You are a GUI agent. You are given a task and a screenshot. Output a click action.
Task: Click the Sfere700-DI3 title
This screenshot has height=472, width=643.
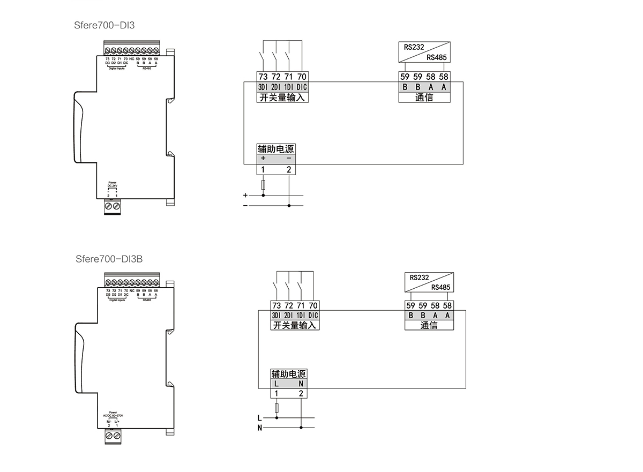pyautogui.click(x=108, y=25)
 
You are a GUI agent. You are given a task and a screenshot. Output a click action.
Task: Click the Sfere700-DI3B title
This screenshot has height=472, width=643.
pyautogui.click(x=110, y=259)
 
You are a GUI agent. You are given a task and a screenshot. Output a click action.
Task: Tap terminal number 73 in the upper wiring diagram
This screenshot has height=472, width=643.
pyautogui.click(x=263, y=77)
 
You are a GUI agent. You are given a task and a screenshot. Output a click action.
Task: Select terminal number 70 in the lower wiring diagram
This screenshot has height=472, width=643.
pyautogui.click(x=313, y=306)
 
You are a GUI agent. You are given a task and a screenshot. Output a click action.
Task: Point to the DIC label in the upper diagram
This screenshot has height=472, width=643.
pyautogui.click(x=302, y=87)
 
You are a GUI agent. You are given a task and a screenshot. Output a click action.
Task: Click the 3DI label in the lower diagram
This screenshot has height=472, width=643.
pyautogui.click(x=276, y=316)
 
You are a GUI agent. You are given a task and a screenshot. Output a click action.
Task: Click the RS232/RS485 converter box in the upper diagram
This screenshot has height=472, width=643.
pyautogui.click(x=424, y=53)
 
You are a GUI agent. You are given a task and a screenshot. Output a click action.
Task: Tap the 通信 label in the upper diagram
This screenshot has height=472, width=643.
pyautogui.click(x=424, y=98)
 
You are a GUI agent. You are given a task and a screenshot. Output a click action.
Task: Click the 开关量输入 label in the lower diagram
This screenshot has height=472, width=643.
pyautogui.click(x=295, y=325)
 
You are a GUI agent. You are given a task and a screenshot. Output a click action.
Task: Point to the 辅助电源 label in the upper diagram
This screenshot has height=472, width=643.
pyautogui.click(x=276, y=149)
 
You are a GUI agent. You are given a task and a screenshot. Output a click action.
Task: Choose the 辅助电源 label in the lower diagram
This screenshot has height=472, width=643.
pyautogui.click(x=289, y=374)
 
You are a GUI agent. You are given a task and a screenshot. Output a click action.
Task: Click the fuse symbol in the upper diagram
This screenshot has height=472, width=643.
pyautogui.click(x=263, y=185)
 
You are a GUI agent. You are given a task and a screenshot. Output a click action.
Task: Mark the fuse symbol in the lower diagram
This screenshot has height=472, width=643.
pyautogui.click(x=276, y=409)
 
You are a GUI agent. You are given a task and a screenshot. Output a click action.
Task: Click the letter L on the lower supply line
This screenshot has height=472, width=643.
pyautogui.click(x=260, y=418)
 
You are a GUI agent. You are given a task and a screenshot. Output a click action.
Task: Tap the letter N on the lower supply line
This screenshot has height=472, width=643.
pyautogui.click(x=260, y=428)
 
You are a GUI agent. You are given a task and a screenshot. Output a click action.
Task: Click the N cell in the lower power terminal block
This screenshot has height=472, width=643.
pyautogui.click(x=301, y=384)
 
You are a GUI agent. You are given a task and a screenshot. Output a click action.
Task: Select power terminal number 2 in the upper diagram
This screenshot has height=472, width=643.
pyautogui.click(x=289, y=170)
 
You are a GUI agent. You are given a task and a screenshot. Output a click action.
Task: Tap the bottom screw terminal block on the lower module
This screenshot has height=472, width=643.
pyautogui.click(x=113, y=436)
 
